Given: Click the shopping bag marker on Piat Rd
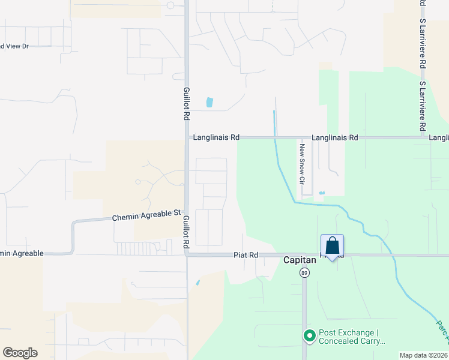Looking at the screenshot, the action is tap(333, 246).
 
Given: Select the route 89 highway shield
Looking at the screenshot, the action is tap(304, 273).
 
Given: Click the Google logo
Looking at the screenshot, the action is tap(20, 353).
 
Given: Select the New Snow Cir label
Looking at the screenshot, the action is tap(303, 163).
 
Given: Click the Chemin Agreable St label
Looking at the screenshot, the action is tap(146, 215).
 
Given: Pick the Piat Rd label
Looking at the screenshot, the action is tap(246, 255).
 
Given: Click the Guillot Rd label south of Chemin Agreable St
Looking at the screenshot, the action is tap(186, 231).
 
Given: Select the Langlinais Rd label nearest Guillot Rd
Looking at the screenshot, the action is tap(216, 137).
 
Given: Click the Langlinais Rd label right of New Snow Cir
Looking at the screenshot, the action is tap(337, 137).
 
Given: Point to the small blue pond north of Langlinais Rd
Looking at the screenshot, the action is tap(209, 102).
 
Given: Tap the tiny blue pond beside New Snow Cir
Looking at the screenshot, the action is tap(322, 193).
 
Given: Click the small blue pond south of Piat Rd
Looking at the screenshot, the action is tap(198, 281).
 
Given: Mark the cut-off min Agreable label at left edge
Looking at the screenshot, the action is tap(22, 253).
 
